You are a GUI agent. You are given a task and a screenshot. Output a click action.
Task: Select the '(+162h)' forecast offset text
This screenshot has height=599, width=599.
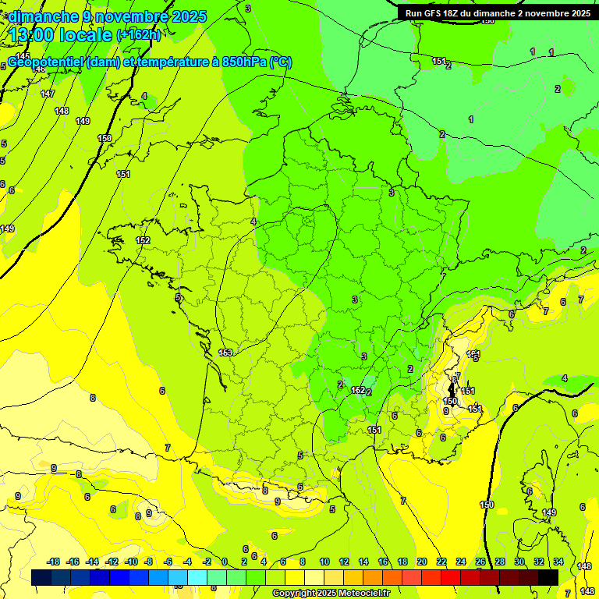[x=139, y=35]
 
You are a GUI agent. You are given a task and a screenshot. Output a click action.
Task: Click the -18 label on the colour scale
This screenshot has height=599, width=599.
[x=54, y=562]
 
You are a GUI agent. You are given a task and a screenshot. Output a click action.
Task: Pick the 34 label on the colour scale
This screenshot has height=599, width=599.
[x=558, y=562]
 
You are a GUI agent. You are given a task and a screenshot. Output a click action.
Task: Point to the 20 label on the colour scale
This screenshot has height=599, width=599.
[x=422, y=562]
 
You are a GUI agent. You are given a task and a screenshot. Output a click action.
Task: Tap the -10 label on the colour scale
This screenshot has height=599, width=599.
[x=132, y=562]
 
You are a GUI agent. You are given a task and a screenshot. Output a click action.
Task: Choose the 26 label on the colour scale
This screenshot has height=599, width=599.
[x=480, y=562]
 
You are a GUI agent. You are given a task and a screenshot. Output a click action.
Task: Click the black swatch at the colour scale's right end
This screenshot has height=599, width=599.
[x=548, y=576]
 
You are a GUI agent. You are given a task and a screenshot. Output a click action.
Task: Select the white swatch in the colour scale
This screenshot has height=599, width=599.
[x=314, y=576]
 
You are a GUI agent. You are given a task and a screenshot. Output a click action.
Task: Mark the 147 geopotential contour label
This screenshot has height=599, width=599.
[x=48, y=94]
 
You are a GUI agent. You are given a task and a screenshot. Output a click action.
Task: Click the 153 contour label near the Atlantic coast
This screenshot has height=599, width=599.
[x=225, y=353]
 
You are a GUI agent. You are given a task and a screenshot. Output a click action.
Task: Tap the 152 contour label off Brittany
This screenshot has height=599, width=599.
[x=143, y=240]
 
